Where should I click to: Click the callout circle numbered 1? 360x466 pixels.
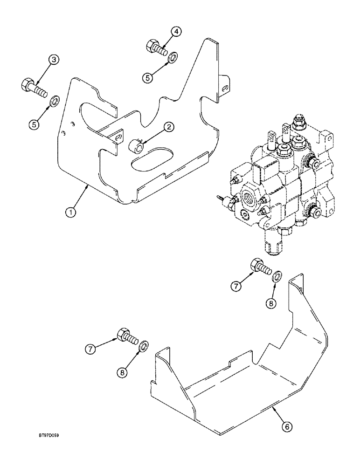pyautogui.click(x=70, y=212)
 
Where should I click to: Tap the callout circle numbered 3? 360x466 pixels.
pyautogui.click(x=54, y=60)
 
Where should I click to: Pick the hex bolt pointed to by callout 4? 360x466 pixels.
pyautogui.click(x=157, y=48)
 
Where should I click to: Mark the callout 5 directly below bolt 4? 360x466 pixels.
pyautogui.click(x=148, y=78)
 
